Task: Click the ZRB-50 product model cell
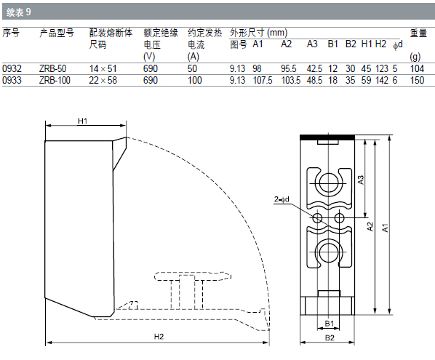(52, 68)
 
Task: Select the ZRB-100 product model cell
(55, 80)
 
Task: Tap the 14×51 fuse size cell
(103, 68)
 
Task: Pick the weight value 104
(417, 68)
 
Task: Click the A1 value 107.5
(263, 80)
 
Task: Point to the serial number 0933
(12, 80)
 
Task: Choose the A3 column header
(312, 44)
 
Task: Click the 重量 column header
(418, 33)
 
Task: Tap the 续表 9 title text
(19, 12)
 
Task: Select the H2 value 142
(382, 80)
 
